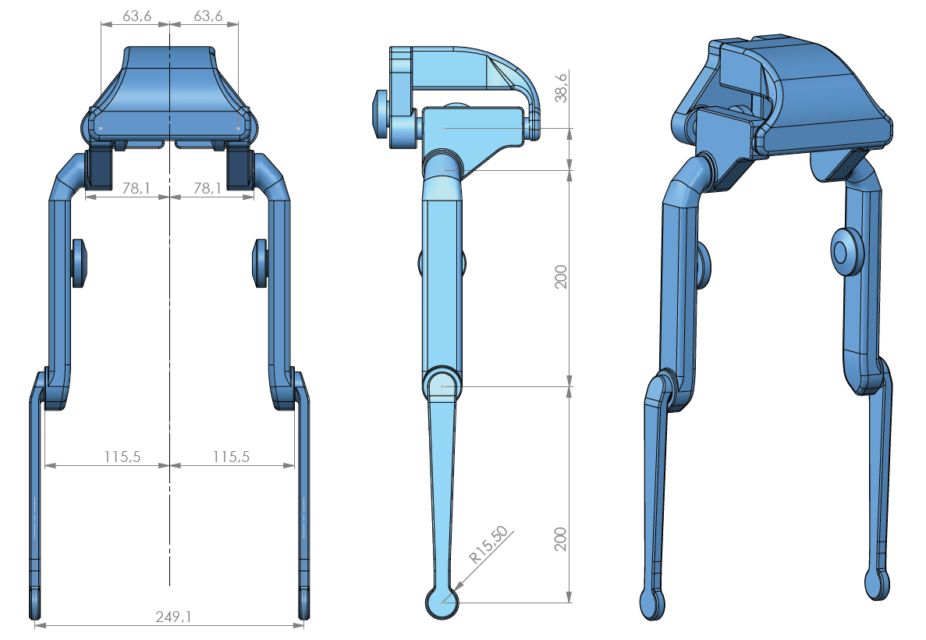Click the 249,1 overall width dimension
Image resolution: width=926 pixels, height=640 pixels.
174,617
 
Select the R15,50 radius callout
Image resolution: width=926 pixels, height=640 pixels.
488,545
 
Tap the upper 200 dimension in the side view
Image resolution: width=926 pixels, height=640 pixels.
561,277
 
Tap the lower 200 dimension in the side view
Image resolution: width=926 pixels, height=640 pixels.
561,539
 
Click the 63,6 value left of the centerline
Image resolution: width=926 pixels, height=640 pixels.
136,16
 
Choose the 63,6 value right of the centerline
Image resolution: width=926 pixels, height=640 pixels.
204,16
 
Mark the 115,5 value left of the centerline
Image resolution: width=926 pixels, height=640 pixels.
122,457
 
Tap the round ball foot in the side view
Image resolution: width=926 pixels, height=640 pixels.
442,602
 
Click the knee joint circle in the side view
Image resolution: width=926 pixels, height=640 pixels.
442,385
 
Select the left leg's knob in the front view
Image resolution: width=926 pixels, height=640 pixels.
80,264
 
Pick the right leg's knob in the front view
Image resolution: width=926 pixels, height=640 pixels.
260,264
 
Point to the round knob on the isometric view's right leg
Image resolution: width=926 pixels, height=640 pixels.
844,252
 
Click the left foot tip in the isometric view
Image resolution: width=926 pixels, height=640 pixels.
651,604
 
